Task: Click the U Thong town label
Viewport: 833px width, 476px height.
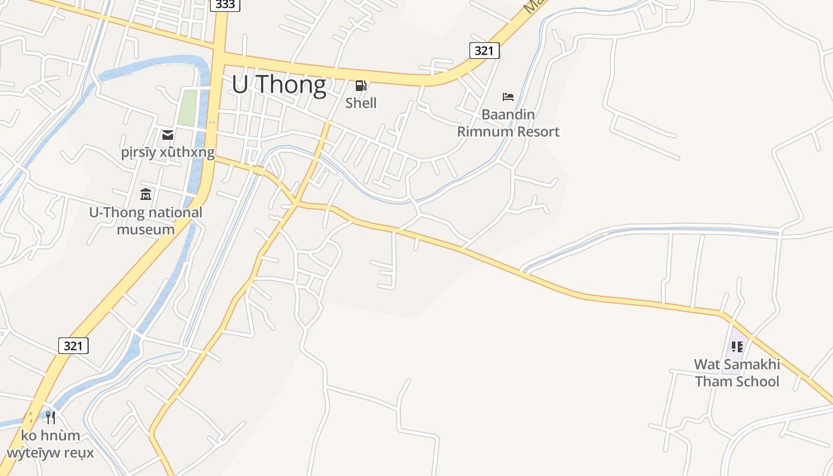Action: point(278,85)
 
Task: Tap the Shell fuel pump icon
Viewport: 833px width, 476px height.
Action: point(361,86)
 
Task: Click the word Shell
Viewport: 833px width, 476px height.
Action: point(361,103)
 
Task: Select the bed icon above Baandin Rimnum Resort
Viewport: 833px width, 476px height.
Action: point(508,96)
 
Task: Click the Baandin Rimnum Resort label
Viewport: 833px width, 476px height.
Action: point(508,123)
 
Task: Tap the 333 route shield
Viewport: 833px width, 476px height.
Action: point(226,5)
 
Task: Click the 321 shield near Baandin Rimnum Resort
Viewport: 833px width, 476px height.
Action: point(484,51)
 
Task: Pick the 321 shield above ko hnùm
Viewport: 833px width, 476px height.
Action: point(73,345)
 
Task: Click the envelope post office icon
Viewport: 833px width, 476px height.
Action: point(168,135)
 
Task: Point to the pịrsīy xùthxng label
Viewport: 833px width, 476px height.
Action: point(168,153)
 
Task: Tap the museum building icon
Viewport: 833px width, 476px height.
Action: point(146,194)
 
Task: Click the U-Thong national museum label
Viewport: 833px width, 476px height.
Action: point(146,221)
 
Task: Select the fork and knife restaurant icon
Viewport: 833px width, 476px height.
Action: point(51,417)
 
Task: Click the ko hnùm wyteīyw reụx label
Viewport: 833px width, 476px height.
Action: point(51,444)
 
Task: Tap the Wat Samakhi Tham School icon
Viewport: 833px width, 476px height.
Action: point(737,346)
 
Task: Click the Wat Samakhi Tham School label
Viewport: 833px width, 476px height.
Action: point(737,373)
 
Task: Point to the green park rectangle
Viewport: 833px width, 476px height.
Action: point(187,108)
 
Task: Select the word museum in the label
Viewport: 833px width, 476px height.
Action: point(146,230)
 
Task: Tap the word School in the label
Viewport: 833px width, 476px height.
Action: point(756,381)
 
